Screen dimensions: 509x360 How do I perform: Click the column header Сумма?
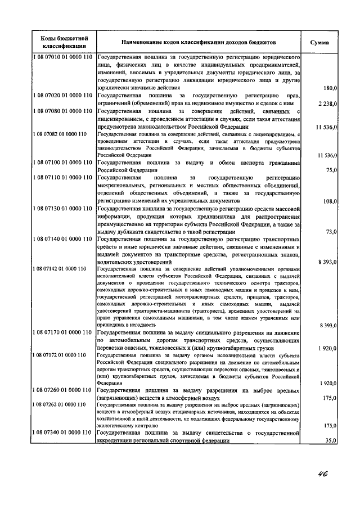tap(319, 42)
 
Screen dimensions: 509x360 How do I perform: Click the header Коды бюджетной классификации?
tap(63, 42)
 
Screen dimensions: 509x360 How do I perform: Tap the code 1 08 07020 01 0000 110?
tap(63, 96)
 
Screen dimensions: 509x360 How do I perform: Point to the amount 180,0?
tap(327, 88)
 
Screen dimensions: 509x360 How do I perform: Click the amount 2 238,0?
tap(326, 103)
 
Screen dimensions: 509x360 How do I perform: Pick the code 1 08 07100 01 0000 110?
tap(63, 163)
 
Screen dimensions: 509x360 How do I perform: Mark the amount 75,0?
tap(330, 170)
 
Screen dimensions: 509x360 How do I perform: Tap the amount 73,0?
tap(330, 231)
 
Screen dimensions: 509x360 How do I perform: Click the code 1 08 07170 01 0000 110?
tap(63, 333)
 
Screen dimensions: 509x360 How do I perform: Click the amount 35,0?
tap(330, 442)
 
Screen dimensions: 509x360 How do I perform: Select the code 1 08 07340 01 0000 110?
tap(63, 434)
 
